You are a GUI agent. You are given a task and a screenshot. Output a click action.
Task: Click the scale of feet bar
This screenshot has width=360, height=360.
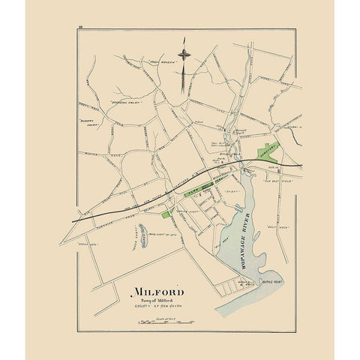[159, 322]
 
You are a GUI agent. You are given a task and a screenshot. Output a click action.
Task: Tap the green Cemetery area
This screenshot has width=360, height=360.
[267, 149]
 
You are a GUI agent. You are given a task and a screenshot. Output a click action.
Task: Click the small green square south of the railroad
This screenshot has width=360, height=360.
[165, 214]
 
